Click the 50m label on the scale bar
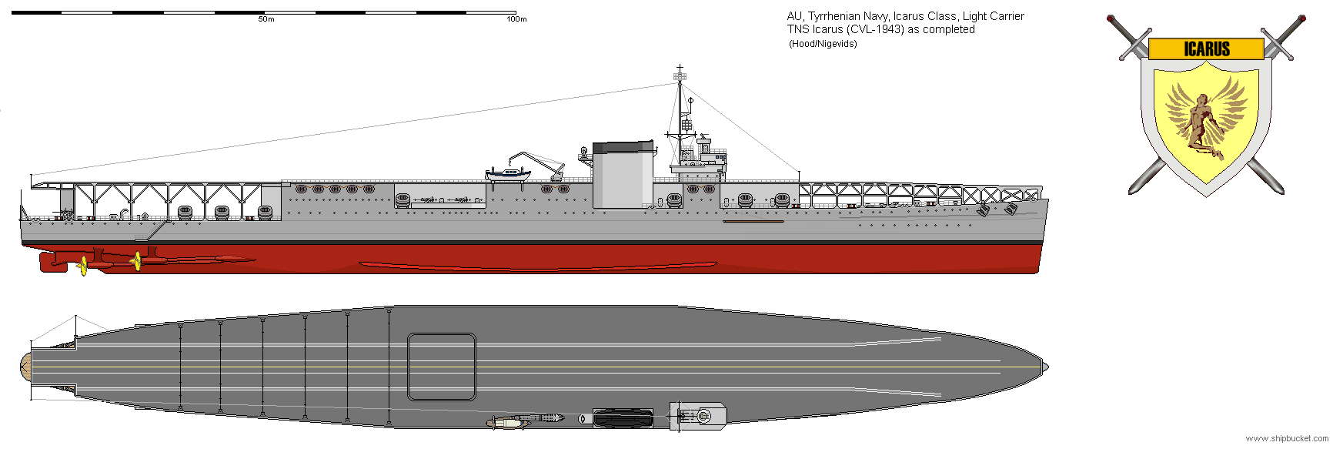pyautogui.click(x=266, y=19)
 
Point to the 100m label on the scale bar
pyautogui.click(x=516, y=19)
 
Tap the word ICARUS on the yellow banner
pyautogui.click(x=1206, y=49)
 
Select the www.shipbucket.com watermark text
pyautogui.click(x=1287, y=438)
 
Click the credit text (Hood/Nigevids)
pyautogui.click(x=823, y=44)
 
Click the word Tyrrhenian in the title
pyautogui.click(x=836, y=16)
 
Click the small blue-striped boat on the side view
pyautogui.click(x=508, y=174)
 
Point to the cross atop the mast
pyautogui.click(x=680, y=71)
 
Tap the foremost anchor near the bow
pyautogui.click(x=1011, y=209)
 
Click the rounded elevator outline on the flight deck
pyautogui.click(x=441, y=367)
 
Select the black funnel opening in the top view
pyautogui.click(x=623, y=418)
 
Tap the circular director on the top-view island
pyautogui.click(x=703, y=417)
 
